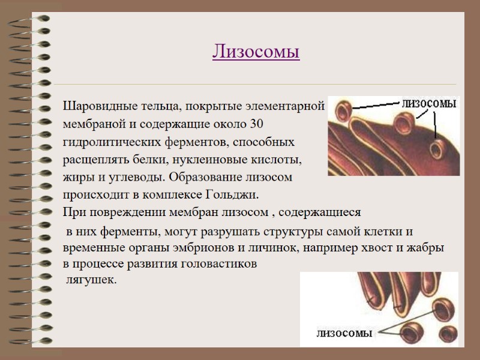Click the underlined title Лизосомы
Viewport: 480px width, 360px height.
tap(256, 52)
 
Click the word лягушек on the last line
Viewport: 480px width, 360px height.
tap(91, 280)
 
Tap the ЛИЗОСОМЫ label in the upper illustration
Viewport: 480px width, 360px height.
tap(429, 104)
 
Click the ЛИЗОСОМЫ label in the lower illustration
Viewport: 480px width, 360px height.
tap(344, 333)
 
